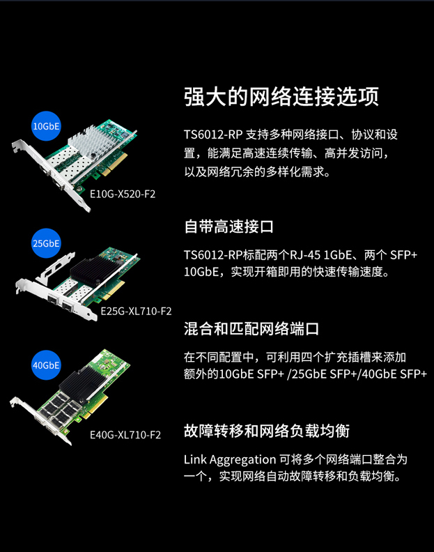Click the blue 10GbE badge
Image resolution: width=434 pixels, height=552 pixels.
click(46, 126)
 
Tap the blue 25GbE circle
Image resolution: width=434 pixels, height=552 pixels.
click(46, 243)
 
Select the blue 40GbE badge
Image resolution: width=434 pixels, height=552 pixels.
click(46, 365)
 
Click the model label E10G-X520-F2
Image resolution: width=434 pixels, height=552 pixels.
click(123, 194)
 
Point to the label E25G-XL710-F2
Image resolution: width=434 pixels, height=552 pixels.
click(137, 312)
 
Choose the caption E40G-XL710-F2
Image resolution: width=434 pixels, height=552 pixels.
click(125, 435)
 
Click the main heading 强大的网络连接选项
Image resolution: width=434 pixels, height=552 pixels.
click(281, 96)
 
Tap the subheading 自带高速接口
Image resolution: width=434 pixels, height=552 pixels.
click(228, 227)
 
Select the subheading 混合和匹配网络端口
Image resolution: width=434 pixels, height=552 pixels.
click(251, 329)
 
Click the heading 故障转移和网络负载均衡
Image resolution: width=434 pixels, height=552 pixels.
click(266, 431)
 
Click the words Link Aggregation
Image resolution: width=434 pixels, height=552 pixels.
click(230, 459)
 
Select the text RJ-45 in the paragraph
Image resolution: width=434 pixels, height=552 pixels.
click(305, 254)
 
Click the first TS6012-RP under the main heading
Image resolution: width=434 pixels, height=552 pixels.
click(213, 134)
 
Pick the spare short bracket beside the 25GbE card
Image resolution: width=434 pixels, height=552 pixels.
click(56, 268)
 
